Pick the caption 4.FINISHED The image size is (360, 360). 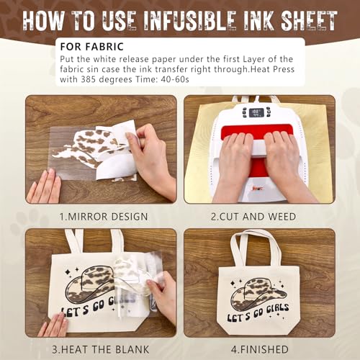260,351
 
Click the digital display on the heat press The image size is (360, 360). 258,112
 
